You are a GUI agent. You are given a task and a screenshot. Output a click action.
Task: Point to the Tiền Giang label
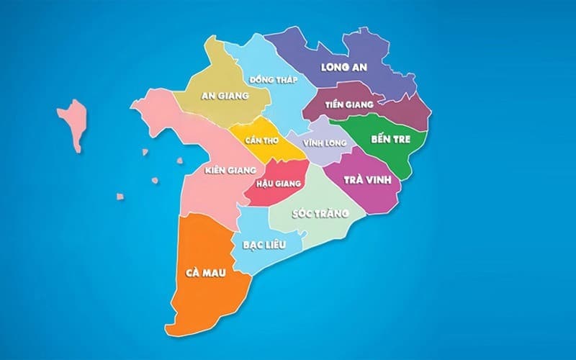click(x=344, y=105)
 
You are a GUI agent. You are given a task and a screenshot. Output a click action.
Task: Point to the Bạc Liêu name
click(x=264, y=245)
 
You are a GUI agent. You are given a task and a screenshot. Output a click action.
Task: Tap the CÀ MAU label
click(x=202, y=273)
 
